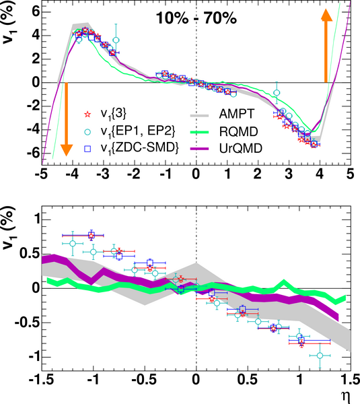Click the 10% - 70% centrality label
click(196, 19)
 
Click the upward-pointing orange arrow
click(326, 46)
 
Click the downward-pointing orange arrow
click(67, 119)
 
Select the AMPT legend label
click(236, 114)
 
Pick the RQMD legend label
click(238, 131)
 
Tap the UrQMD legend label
click(240, 148)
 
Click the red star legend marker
click(87, 114)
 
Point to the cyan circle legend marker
click(87, 132)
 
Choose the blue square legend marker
click(87, 149)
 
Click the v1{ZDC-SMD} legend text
click(139, 149)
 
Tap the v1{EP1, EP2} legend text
click(138, 132)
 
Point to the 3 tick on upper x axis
click(289, 174)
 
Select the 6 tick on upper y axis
click(37, 12)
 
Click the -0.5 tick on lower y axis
click(28, 323)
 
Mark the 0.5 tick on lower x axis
click(248, 380)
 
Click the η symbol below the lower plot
click(346, 397)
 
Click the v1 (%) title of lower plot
click(9, 228)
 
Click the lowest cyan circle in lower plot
click(320, 356)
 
